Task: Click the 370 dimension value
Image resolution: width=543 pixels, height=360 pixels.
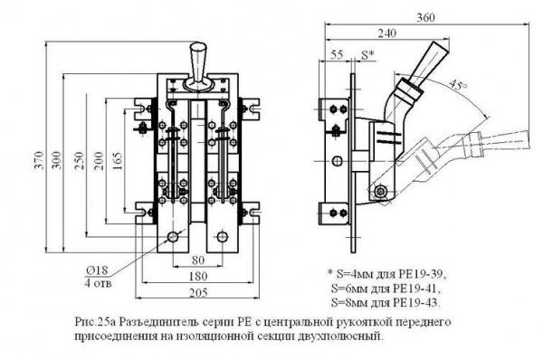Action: click(40, 160)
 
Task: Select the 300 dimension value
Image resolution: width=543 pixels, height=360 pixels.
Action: click(58, 160)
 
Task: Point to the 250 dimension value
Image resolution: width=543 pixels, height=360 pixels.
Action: click(80, 160)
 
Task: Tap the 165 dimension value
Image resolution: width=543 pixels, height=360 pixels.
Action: click(118, 160)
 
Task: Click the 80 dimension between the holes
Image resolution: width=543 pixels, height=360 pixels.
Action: click(198, 260)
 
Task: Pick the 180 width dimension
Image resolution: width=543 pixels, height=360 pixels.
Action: click(198, 276)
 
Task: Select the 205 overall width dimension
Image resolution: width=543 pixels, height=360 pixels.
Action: click(198, 293)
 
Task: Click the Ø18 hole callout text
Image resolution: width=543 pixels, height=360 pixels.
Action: click(98, 270)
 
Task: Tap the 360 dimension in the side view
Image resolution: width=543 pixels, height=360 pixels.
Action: click(425, 17)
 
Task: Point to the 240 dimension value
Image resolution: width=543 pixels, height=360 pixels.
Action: click(386, 33)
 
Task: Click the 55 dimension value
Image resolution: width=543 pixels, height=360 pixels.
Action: click(337, 54)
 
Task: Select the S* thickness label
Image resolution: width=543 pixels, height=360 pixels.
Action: click(367, 54)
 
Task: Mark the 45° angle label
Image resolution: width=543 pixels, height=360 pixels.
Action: click(458, 85)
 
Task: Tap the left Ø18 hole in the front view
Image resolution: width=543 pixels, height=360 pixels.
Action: click(173, 237)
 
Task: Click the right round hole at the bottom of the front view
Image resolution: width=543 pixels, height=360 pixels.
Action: click(222, 237)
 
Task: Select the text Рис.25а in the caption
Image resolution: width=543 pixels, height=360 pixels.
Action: click(95, 322)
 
